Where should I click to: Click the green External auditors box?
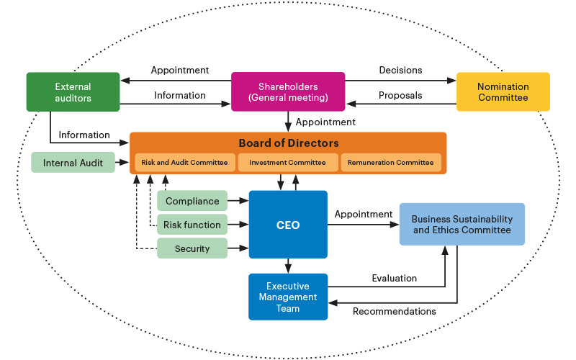[x=73, y=92]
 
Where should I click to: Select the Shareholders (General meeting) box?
[x=287, y=92]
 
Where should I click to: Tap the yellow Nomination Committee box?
[x=503, y=92]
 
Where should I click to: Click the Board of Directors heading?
[x=288, y=143]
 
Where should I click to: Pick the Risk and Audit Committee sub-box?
[x=184, y=163]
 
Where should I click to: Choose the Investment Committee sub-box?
[x=287, y=163]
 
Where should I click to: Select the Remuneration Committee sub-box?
[x=390, y=163]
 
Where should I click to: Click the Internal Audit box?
[x=73, y=163]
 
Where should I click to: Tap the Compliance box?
[x=192, y=202]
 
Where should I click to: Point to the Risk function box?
[x=192, y=225]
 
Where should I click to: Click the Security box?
[x=192, y=248]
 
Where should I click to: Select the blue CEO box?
[x=288, y=225]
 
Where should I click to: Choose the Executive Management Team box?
[x=288, y=297]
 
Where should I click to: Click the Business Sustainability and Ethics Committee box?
[x=462, y=225]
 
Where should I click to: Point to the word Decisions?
[x=400, y=71]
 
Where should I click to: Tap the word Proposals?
[x=400, y=95]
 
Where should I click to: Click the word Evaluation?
[x=394, y=278]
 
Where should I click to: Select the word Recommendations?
[x=394, y=311]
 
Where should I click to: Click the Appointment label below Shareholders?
[x=325, y=122]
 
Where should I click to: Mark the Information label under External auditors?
[x=84, y=135]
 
